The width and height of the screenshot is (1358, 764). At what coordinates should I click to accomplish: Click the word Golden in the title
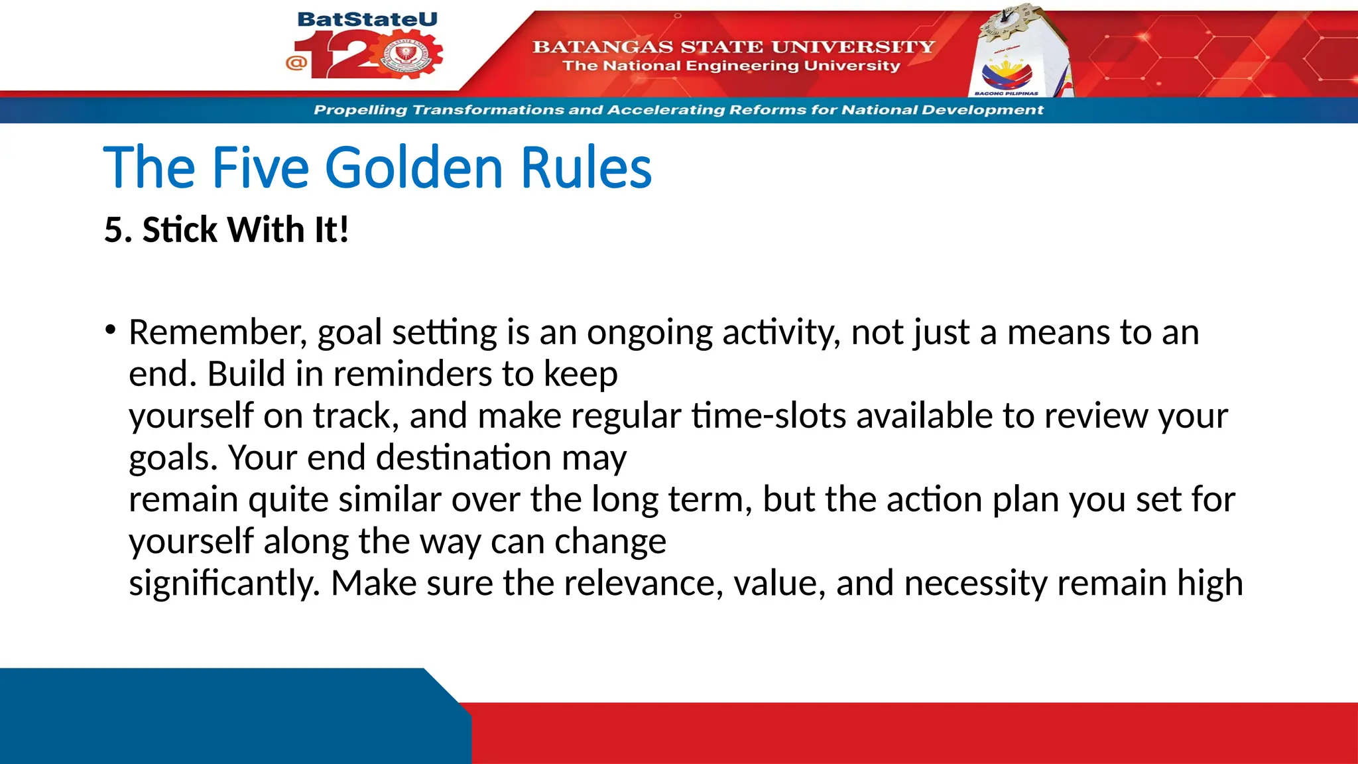(414, 168)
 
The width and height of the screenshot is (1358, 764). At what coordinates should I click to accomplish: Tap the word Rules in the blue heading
(586, 168)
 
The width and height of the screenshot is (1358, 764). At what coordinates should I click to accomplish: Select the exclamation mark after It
(343, 230)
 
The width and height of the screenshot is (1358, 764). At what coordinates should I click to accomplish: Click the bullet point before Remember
(110, 329)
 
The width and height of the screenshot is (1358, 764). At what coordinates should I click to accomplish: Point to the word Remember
(217, 332)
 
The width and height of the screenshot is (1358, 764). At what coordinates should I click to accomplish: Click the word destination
(463, 458)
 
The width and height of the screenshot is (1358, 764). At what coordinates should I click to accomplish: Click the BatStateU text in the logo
(367, 19)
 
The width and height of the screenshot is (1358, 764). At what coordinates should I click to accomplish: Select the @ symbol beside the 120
(296, 63)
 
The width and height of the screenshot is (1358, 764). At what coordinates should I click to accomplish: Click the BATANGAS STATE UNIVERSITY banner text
(733, 46)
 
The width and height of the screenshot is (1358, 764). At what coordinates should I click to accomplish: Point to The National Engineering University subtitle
(731, 66)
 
